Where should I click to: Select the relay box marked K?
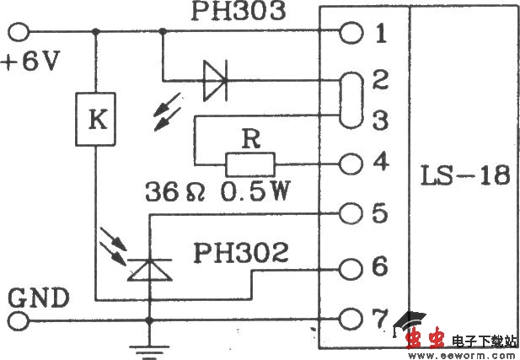(x=97, y=121)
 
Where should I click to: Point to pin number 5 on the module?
(x=381, y=214)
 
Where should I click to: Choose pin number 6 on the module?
(x=381, y=267)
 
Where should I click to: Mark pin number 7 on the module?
(x=381, y=319)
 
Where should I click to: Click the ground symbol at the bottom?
(x=149, y=345)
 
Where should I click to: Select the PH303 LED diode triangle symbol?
(x=216, y=81)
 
